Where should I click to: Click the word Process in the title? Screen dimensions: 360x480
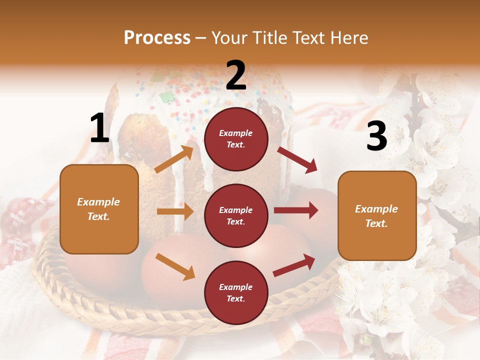coord(157,38)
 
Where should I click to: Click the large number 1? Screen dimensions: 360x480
coord(99,128)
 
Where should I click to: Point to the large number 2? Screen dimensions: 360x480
coord(236,75)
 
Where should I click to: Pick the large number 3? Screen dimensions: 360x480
coord(376,136)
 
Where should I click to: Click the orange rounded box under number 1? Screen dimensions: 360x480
coord(99,209)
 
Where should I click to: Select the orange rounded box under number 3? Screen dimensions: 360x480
coord(377,215)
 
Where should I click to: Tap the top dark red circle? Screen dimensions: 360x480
coord(236,139)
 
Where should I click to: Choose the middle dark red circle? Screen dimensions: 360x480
coord(236,215)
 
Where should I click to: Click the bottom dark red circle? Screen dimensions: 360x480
coord(236,292)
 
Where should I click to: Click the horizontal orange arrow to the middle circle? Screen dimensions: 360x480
coord(175,211)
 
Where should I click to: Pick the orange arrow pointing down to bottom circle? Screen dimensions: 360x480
coord(175,266)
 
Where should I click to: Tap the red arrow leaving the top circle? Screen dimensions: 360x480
coord(297,160)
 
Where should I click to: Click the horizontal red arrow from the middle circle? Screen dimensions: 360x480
coord(295,210)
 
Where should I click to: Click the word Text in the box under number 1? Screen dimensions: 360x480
coord(98,216)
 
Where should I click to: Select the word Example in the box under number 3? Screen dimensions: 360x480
coord(376,209)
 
